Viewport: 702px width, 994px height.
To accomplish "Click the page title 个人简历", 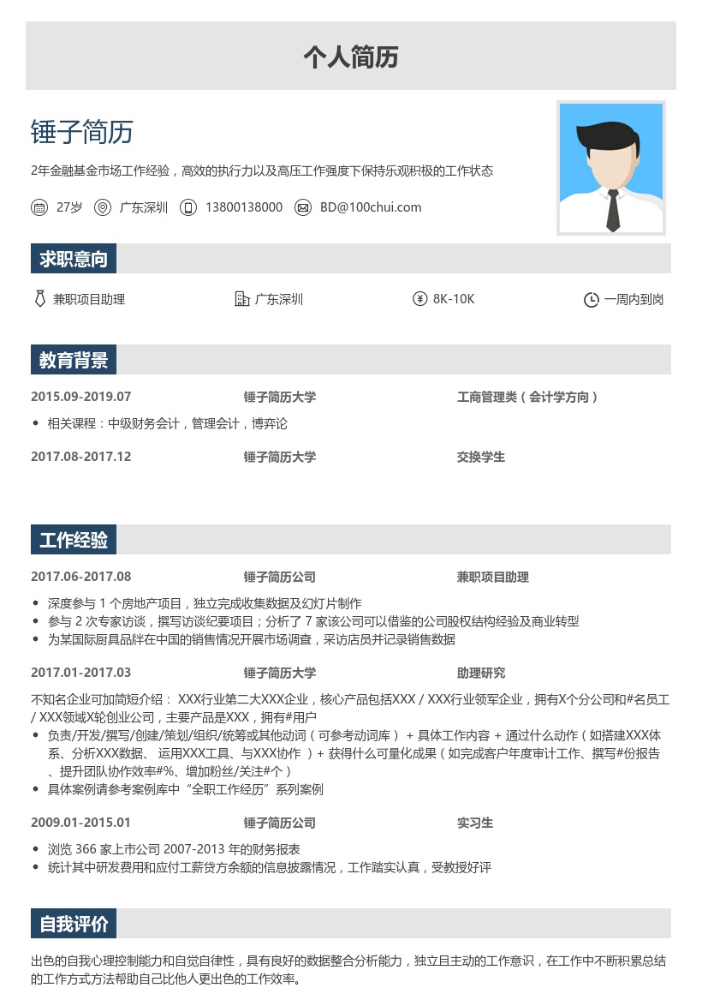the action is pyautogui.click(x=351, y=57).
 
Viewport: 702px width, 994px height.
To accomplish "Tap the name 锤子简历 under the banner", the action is pyautogui.click(x=82, y=132).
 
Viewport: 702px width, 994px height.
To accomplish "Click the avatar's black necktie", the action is pyautogui.click(x=613, y=210).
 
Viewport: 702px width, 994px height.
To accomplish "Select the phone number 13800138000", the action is pyautogui.click(x=243, y=207).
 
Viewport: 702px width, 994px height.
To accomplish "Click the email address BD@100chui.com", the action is pyautogui.click(x=371, y=207).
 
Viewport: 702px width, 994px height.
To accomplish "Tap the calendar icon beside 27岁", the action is pyautogui.click(x=39, y=207).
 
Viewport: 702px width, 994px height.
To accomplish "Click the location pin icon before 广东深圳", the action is pyautogui.click(x=103, y=207).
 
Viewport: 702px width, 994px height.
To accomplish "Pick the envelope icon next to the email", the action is pyautogui.click(x=303, y=207).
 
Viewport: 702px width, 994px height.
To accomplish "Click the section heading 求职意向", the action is pyautogui.click(x=74, y=259).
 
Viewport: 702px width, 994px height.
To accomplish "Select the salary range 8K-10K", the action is pyautogui.click(x=454, y=299).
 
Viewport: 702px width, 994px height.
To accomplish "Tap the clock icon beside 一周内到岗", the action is pyautogui.click(x=591, y=300).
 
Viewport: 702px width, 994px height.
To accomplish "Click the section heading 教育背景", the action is pyautogui.click(x=74, y=360).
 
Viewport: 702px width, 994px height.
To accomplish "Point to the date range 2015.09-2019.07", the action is pyautogui.click(x=81, y=397).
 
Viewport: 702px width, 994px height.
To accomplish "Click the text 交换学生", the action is pyautogui.click(x=481, y=457).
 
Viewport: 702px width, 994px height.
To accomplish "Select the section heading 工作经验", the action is pyautogui.click(x=74, y=540).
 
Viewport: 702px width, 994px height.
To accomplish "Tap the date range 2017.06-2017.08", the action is pyautogui.click(x=81, y=577).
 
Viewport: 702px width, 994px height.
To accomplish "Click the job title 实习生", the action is pyautogui.click(x=475, y=823).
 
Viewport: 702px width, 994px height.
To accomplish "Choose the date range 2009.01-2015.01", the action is pyautogui.click(x=81, y=823).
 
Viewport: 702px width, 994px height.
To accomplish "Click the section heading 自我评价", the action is pyautogui.click(x=74, y=924).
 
